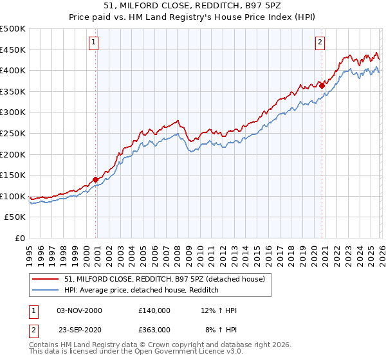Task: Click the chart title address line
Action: click(x=192, y=6)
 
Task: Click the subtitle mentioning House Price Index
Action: click(x=192, y=17)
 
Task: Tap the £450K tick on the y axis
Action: click(x=13, y=50)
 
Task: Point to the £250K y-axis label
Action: click(x=13, y=134)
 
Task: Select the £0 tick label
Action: click(x=19, y=239)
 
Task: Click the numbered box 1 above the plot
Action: click(x=94, y=43)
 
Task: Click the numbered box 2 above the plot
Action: click(x=320, y=43)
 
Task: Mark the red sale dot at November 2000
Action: click(x=96, y=180)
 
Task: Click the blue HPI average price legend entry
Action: click(x=142, y=290)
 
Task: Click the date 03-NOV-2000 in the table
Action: click(x=79, y=310)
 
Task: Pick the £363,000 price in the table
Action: click(x=154, y=329)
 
